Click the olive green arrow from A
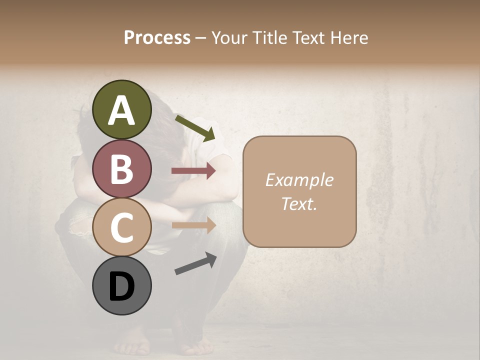[x=195, y=128]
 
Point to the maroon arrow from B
[x=193, y=171]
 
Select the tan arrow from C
[x=193, y=225]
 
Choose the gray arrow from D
[x=195, y=263]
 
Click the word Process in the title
[x=157, y=37]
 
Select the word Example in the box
[x=299, y=180]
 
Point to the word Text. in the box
[x=299, y=203]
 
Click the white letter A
[x=122, y=111]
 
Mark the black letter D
[x=122, y=287]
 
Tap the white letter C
[x=122, y=227]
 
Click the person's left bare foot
[x=131, y=345]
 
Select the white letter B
[x=122, y=169]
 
